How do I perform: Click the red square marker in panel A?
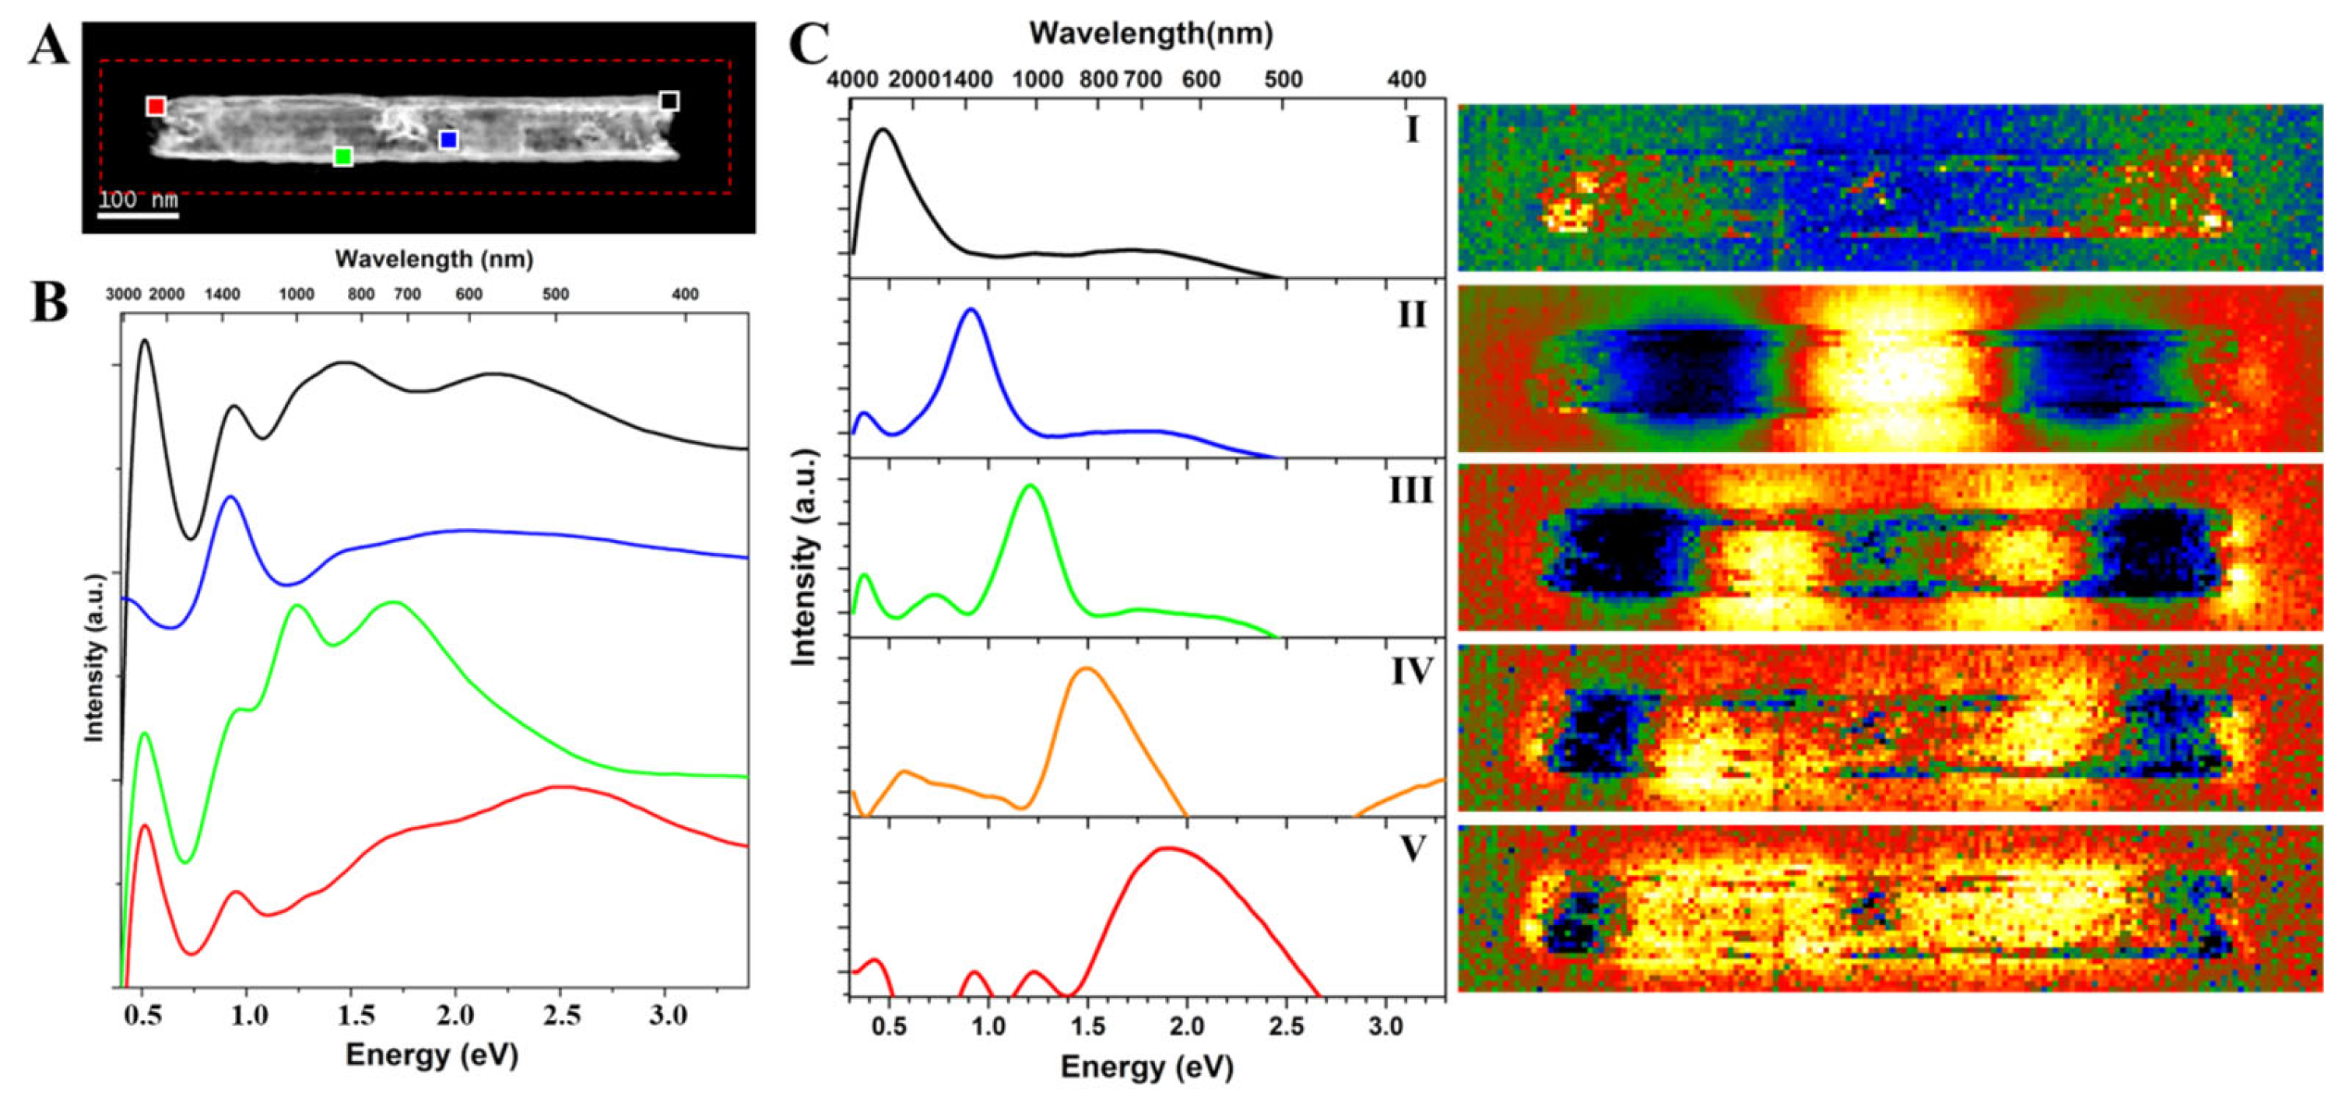(x=156, y=107)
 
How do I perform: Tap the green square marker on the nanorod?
(x=343, y=156)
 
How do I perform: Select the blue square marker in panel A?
(x=448, y=140)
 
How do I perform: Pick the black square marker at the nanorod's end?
(x=669, y=101)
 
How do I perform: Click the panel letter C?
(x=808, y=44)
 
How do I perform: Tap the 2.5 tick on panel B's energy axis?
(x=562, y=1016)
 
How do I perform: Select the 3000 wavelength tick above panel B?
(x=123, y=294)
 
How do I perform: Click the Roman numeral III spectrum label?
(x=1410, y=490)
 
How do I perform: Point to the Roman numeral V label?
(x=1412, y=850)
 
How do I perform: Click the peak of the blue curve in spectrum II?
(x=971, y=310)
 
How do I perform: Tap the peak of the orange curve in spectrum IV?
(x=1085, y=669)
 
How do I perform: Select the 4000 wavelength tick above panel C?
(x=851, y=79)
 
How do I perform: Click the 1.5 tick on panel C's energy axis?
(x=1087, y=1026)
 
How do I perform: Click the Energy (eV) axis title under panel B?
(x=431, y=1056)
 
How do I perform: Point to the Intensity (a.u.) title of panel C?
(x=803, y=557)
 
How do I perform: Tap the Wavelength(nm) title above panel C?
(x=1151, y=33)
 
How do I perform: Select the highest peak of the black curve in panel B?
(x=144, y=341)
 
